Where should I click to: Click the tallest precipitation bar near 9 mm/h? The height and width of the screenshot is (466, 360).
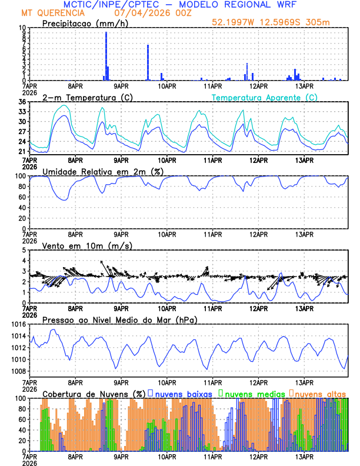tap(106, 56)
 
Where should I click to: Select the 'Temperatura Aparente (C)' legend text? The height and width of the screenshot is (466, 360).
tap(264, 97)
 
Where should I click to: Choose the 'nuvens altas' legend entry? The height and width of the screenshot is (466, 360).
tap(320, 393)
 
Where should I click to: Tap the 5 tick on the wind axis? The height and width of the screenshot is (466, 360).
tap(24, 251)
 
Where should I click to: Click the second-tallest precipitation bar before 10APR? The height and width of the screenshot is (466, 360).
tap(148, 62)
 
